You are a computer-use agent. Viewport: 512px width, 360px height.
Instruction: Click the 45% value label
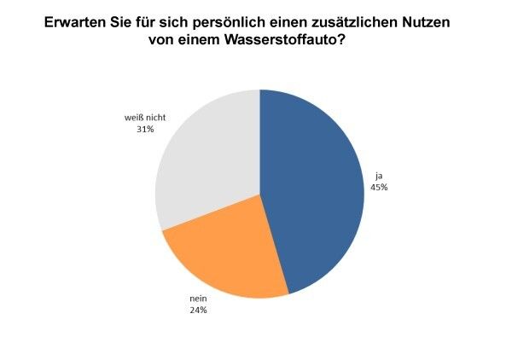coord(379,187)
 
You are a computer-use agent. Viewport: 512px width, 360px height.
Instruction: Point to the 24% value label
coord(198,311)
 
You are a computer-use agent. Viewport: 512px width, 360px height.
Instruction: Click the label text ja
coord(377,176)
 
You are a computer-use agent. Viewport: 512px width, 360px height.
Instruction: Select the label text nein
coord(198,299)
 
